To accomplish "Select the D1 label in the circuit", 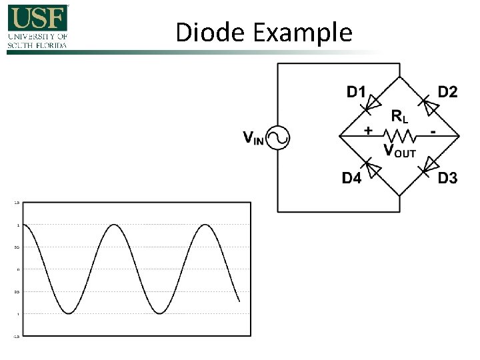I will (x=356, y=92).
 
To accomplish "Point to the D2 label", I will (x=448, y=92).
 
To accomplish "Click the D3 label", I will (x=447, y=179).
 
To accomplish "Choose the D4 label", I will (x=352, y=179).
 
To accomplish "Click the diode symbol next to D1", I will (x=371, y=103).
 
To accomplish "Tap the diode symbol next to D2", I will (x=430, y=103).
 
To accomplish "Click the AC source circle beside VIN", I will (x=277, y=138).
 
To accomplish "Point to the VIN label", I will (x=253, y=139).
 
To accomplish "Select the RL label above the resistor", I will (x=399, y=117).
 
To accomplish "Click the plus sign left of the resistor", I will (x=368, y=131).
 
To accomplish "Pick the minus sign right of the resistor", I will (x=433, y=132).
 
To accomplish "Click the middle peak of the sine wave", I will (x=115, y=225).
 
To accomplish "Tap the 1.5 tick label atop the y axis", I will (x=17, y=203).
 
